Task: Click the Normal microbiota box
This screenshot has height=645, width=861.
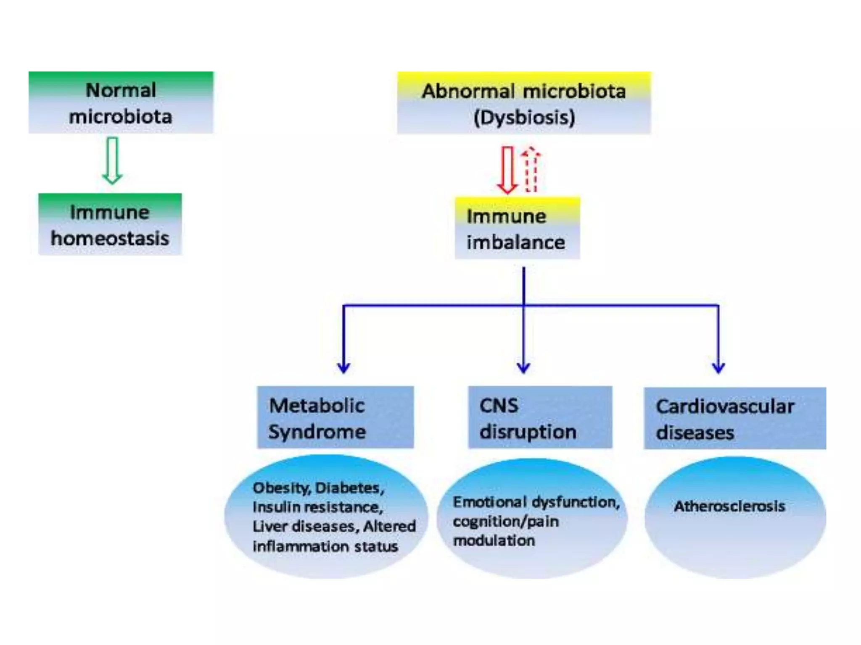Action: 121,103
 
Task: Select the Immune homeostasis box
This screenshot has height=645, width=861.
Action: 110,225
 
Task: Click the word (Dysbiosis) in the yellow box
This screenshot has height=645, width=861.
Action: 524,117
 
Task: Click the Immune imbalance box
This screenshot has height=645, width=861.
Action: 518,229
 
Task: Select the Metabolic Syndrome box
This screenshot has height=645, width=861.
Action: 335,418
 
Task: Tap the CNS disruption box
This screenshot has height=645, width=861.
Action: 540,418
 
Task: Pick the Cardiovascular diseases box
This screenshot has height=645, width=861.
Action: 735,419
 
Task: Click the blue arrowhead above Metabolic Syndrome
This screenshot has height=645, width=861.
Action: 344,368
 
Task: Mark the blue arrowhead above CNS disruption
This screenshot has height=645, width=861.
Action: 523,368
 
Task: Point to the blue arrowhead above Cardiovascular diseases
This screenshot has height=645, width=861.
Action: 718,368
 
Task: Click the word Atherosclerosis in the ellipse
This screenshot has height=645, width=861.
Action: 729,506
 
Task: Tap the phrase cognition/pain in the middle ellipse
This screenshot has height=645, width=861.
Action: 506,522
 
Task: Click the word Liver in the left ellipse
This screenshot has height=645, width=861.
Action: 269,527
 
